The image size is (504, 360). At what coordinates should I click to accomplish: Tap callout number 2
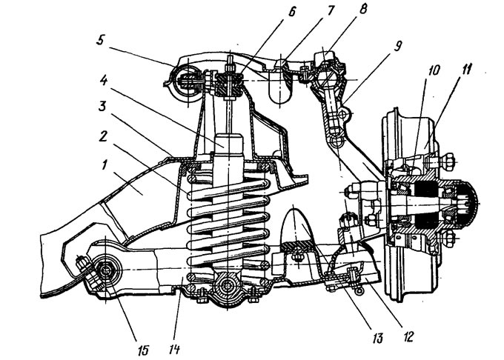pyautogui.click(x=103, y=137)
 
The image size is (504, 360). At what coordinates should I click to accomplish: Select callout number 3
pyautogui.click(x=102, y=106)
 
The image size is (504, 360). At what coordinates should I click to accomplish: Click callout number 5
pyautogui.click(x=100, y=41)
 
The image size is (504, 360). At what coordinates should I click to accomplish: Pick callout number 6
pyautogui.click(x=291, y=12)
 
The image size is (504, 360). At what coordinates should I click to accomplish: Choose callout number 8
pyautogui.click(x=362, y=9)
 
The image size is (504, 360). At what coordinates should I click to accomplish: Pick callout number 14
pyautogui.click(x=174, y=348)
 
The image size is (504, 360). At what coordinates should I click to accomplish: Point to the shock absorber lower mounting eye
pyautogui.click(x=228, y=285)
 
